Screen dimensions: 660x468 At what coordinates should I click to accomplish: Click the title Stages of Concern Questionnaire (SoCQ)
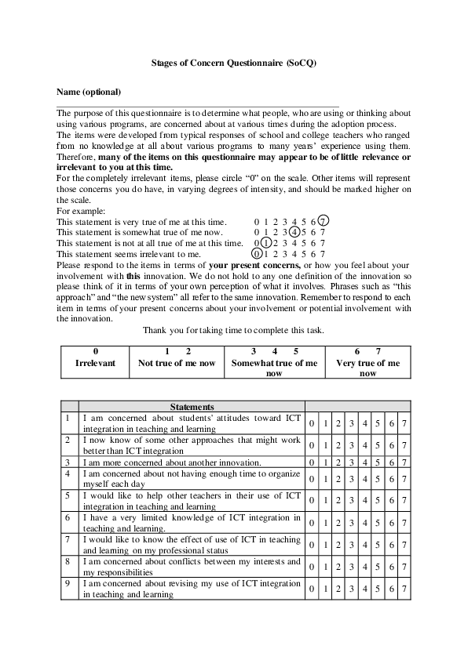point(234,62)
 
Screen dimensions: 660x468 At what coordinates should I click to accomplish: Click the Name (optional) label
point(89,92)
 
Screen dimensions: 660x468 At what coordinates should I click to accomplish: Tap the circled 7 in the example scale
point(324,222)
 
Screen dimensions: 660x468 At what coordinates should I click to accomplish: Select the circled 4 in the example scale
point(293,232)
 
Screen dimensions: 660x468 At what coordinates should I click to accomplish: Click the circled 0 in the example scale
point(256,254)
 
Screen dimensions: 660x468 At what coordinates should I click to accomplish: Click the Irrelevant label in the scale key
point(95,363)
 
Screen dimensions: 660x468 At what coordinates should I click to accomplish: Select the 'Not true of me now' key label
point(177,363)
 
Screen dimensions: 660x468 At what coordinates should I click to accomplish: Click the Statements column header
point(192,407)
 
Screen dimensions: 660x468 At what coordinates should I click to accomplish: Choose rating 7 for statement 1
point(403,424)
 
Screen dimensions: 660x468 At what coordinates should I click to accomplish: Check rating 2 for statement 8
point(338,567)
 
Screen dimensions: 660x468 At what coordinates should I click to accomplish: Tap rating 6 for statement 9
point(390,589)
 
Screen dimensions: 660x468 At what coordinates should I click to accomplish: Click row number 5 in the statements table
point(70,495)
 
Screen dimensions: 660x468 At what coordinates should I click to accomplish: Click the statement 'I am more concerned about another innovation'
point(172,462)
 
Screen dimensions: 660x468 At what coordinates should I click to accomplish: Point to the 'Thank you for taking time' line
point(233,330)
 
